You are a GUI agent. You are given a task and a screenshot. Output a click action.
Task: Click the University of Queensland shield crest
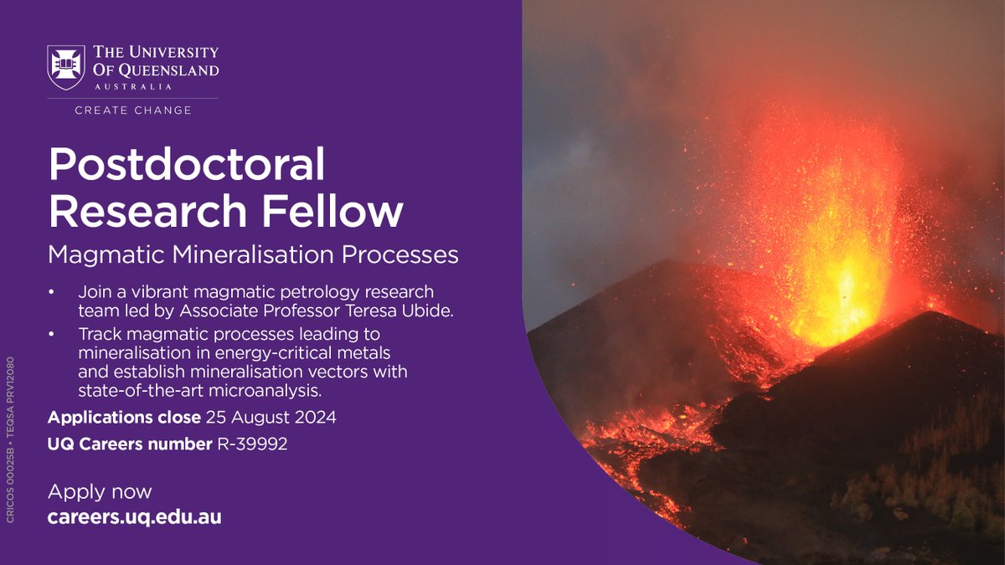pos(65,66)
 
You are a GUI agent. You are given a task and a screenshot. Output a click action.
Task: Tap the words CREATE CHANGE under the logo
pos(133,110)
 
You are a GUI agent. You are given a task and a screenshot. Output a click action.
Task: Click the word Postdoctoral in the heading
pos(186,166)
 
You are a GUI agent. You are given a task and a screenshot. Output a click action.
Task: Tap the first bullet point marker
pos(52,293)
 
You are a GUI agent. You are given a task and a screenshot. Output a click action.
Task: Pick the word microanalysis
pos(281,389)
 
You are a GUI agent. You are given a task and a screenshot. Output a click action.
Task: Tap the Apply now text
pos(100,491)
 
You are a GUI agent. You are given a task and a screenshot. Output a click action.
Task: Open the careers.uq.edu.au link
pos(134,517)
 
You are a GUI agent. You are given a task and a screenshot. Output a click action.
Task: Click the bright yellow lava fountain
pos(837,293)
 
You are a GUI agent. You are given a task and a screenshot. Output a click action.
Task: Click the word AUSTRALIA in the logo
pos(133,86)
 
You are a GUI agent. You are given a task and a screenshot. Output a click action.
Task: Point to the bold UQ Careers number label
pos(130,444)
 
